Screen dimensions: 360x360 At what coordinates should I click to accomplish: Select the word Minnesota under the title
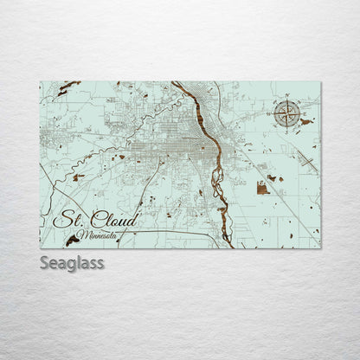97,235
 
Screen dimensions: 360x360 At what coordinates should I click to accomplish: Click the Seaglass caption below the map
72,262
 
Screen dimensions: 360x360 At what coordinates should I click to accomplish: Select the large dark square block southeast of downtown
262,188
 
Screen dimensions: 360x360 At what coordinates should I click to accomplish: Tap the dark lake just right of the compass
305,122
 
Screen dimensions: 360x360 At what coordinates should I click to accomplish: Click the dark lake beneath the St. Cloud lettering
73,240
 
